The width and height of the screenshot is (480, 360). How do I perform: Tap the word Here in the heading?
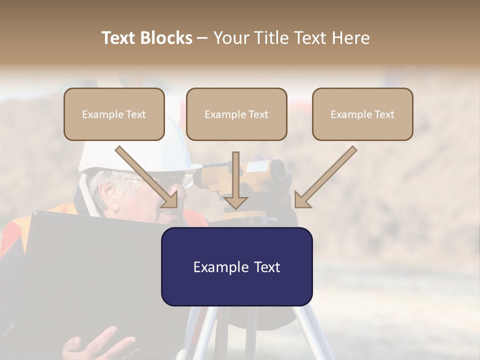point(352,38)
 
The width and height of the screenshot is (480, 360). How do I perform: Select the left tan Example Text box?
point(114,114)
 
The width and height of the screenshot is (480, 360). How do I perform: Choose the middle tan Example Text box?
point(236,114)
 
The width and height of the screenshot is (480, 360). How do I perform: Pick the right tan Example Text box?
point(362,114)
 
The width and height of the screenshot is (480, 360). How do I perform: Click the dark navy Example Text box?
point(236,266)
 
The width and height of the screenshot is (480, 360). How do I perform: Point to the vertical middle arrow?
point(236,175)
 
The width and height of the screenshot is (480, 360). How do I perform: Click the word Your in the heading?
point(230,38)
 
